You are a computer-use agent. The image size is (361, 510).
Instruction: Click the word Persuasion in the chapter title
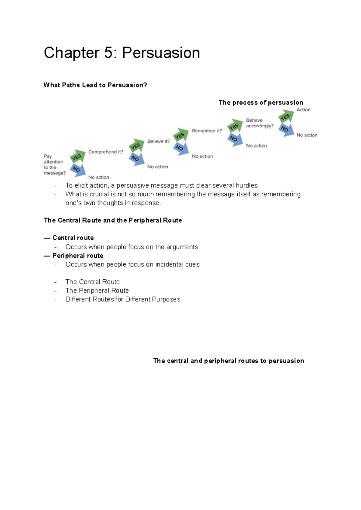point(161,53)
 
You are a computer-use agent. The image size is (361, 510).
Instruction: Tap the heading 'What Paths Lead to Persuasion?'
point(95,85)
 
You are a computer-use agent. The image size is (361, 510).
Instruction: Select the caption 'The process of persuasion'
point(261,103)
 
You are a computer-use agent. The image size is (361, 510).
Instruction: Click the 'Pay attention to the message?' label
point(54,165)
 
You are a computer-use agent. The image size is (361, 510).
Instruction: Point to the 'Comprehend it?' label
point(106,152)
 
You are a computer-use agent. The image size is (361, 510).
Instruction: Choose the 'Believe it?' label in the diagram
point(158,141)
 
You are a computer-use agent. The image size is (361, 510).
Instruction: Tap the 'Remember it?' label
point(207,131)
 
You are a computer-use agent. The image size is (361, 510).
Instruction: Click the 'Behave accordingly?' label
point(260,123)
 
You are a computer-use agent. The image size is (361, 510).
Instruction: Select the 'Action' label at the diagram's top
point(303,110)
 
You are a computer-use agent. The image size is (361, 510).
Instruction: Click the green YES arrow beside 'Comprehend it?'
point(77,156)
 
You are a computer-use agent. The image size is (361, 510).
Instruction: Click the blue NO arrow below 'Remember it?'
point(180,148)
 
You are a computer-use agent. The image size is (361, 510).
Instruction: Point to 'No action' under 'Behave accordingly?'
point(256,146)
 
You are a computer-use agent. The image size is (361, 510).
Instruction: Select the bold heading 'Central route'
point(73,238)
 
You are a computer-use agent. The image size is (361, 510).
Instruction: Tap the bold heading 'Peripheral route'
point(78,256)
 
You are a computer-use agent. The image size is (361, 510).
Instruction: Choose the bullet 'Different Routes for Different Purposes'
point(123,299)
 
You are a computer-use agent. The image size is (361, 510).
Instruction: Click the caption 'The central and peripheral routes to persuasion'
point(228,361)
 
